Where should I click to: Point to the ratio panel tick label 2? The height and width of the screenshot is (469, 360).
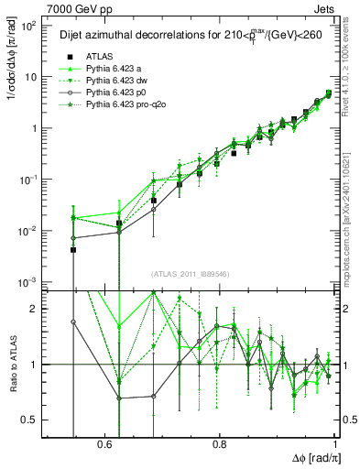click(x=35, y=309)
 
